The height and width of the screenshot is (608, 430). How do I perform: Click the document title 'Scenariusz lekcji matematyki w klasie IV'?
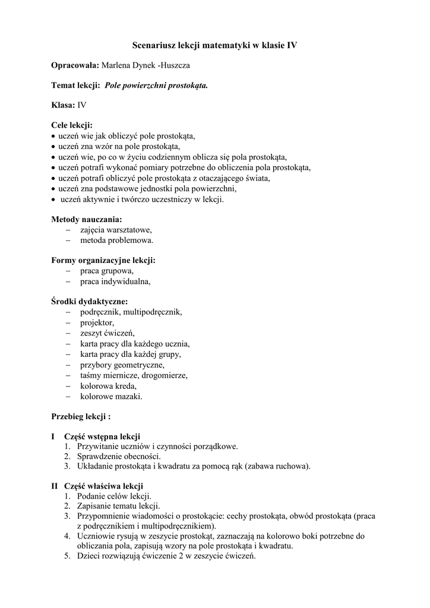[214, 45]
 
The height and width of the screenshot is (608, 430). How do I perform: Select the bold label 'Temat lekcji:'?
[75, 85]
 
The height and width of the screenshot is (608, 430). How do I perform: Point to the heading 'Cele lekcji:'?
[72, 125]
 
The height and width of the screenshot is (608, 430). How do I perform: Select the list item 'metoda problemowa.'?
[117, 240]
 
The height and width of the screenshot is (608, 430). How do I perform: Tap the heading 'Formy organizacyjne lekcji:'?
[103, 261]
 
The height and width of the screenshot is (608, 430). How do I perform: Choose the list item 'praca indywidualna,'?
[115, 282]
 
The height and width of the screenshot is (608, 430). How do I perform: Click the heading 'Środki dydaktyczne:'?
[89, 302]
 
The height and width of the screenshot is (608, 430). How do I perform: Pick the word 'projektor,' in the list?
[97, 322]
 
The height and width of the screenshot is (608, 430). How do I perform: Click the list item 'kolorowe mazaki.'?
[111, 396]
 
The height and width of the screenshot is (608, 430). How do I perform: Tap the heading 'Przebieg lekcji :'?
[81, 416]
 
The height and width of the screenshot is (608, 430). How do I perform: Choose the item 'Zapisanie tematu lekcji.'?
[118, 506]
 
